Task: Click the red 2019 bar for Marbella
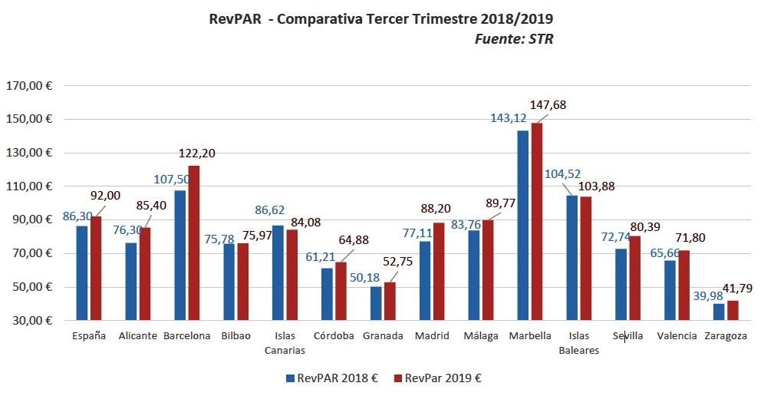[x=537, y=222]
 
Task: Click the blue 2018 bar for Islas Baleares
[x=572, y=258]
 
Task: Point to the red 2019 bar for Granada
[x=390, y=302]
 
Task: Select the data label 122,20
[x=196, y=153]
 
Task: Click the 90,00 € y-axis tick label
[x=31, y=220]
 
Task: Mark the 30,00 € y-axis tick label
[x=31, y=321]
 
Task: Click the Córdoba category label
[x=334, y=336]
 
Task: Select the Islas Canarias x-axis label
[x=285, y=343]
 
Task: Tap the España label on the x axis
[x=89, y=336]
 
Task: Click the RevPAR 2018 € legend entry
[x=332, y=378]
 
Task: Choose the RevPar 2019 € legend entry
[x=439, y=378]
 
